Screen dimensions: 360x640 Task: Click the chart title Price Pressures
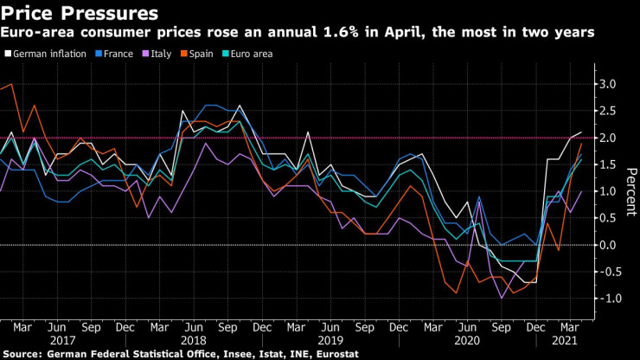(x=80, y=13)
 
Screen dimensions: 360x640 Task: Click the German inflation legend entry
(x=49, y=54)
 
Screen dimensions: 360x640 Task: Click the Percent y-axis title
(x=632, y=191)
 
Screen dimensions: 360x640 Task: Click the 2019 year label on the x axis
(x=330, y=343)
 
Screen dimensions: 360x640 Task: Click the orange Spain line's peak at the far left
(x=10, y=85)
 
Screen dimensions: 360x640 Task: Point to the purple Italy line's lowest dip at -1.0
(x=500, y=299)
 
